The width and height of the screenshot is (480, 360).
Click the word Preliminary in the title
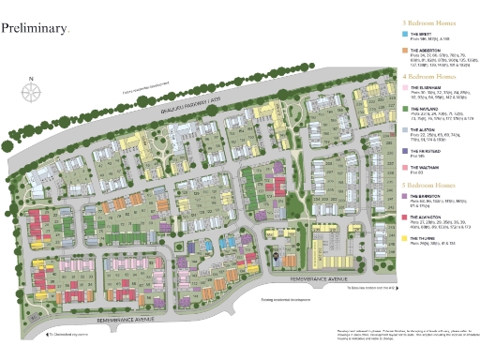(35, 29)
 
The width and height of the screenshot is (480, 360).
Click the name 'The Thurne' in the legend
(424, 238)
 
